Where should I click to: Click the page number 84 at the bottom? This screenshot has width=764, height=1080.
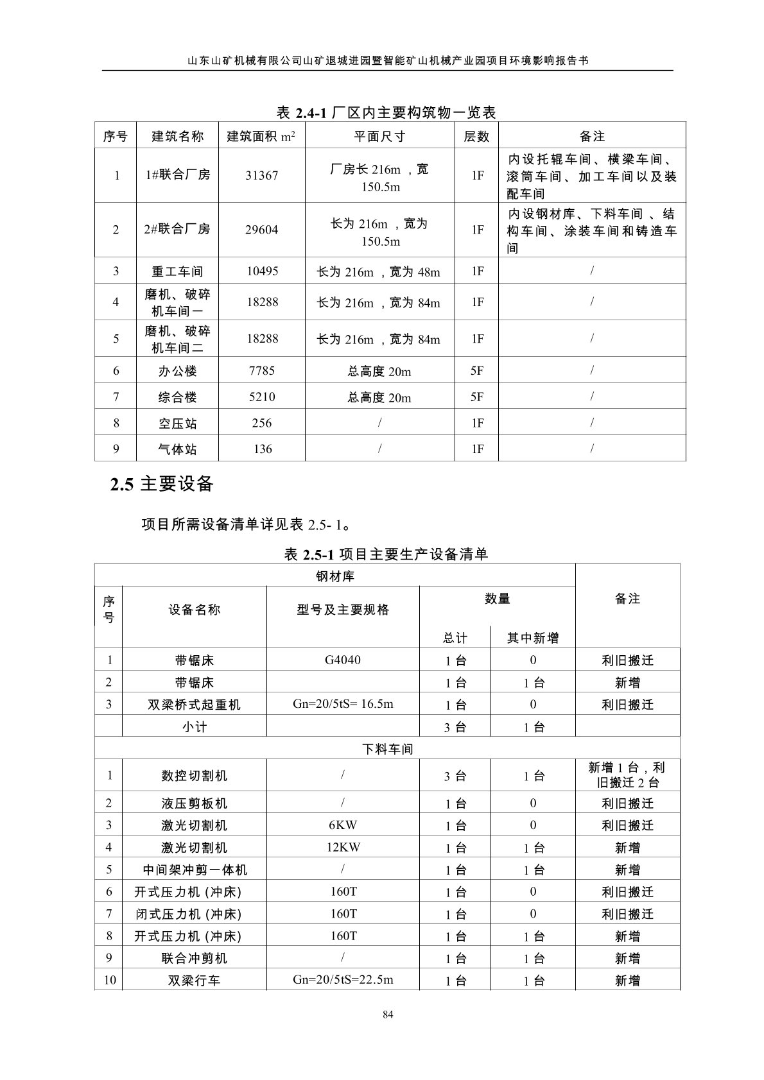(387, 1014)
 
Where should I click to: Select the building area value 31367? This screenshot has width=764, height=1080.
(262, 175)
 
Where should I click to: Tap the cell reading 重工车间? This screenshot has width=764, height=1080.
(177, 271)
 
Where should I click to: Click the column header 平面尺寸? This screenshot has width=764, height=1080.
(379, 136)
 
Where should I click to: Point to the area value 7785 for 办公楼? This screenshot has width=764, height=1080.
(262, 370)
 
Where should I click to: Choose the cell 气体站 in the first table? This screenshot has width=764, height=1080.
(177, 449)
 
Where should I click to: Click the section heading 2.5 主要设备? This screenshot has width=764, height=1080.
(162, 484)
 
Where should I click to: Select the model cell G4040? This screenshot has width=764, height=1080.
(343, 660)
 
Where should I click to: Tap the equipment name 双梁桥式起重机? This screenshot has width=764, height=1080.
(194, 704)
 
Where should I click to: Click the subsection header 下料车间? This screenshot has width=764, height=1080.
(387, 748)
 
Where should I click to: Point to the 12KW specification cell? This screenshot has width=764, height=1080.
(343, 847)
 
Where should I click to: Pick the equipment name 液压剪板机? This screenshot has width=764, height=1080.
(194, 803)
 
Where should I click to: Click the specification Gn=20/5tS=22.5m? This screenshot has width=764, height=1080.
(343, 979)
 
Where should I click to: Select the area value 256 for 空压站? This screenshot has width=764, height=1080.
(262, 423)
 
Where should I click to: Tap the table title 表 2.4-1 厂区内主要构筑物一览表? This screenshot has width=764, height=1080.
(386, 113)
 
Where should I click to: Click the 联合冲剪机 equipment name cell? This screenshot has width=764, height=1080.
(194, 958)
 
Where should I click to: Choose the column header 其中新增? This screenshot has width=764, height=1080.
(532, 637)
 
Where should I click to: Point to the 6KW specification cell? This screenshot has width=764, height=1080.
(343, 825)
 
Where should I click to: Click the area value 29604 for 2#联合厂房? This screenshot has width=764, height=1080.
(262, 230)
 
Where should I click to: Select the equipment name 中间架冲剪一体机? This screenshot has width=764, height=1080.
(194, 870)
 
